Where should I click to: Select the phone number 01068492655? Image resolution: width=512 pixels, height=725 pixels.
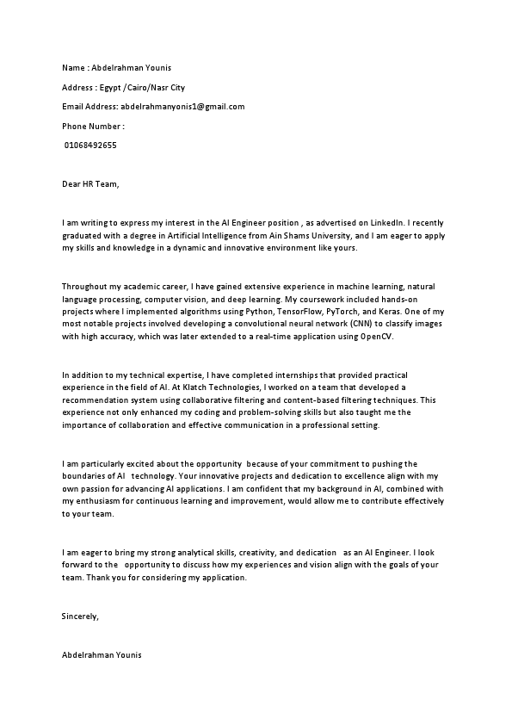pos(91,146)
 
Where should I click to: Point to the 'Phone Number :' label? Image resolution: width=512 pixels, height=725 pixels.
pos(94,127)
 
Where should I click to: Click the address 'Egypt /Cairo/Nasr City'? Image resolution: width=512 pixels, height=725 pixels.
pos(142,88)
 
